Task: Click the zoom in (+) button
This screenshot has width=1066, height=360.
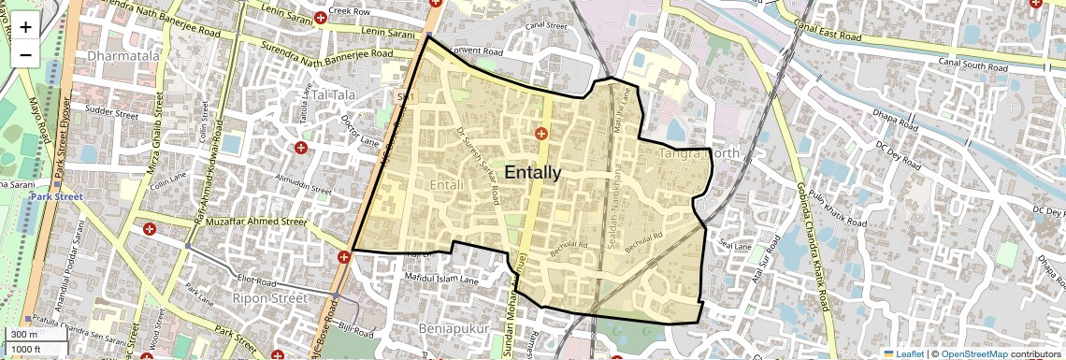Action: [x=25, y=26]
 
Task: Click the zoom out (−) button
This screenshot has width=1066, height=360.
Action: [x=25, y=53]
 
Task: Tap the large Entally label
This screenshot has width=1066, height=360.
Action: [x=533, y=172]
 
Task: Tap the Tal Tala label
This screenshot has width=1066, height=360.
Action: [x=335, y=95]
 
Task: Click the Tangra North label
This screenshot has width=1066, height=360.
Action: [x=699, y=152]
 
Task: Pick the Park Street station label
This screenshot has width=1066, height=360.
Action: [x=56, y=197]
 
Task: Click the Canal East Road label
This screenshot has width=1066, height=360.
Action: [x=826, y=34]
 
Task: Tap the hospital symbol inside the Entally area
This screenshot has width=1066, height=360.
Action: [x=540, y=134]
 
